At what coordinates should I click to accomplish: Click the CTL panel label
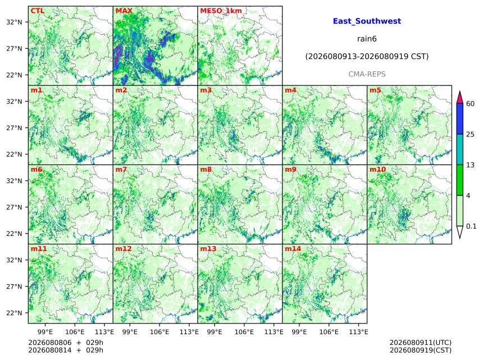[38, 11]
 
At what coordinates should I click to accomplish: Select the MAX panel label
[124, 11]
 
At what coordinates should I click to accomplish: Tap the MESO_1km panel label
[221, 11]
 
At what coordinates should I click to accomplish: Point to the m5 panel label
[375, 90]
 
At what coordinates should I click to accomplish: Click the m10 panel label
[377, 170]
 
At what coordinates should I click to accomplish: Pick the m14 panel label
[293, 249]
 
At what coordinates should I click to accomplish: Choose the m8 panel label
[206, 170]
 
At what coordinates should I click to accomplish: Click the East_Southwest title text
[367, 21]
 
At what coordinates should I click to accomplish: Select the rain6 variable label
[367, 39]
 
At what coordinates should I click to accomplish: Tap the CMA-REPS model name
[367, 74]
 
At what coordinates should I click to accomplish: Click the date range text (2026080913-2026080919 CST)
[367, 57]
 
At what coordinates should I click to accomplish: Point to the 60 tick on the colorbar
[470, 103]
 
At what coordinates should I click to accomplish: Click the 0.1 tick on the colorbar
[471, 226]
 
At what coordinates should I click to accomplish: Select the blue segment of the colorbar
[460, 119]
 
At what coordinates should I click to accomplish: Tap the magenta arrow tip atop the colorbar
[460, 92]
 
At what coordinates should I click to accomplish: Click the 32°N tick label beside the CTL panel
[14, 22]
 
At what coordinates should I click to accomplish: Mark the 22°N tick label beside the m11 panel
[14, 313]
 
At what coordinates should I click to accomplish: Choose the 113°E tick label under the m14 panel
[358, 332]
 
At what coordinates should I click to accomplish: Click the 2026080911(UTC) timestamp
[421, 343]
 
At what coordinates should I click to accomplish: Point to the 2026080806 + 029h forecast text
[66, 343]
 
